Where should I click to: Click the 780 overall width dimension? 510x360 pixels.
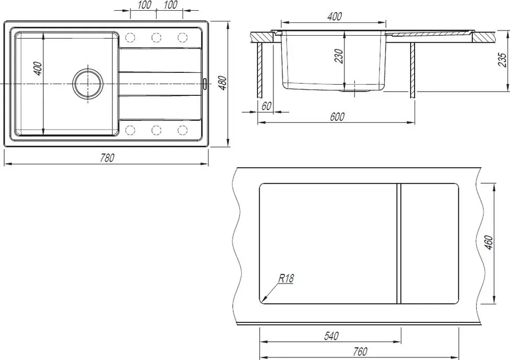point(107,158)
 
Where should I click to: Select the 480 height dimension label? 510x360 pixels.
point(222,83)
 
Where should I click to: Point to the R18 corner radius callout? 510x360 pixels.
point(286,278)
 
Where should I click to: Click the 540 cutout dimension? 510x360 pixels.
point(331,336)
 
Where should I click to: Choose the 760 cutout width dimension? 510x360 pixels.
point(360,351)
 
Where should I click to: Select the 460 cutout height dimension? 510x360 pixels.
point(489,243)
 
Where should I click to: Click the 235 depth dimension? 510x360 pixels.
point(502,60)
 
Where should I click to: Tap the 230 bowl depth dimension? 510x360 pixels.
point(339,56)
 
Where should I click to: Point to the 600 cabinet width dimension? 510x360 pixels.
point(337,117)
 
